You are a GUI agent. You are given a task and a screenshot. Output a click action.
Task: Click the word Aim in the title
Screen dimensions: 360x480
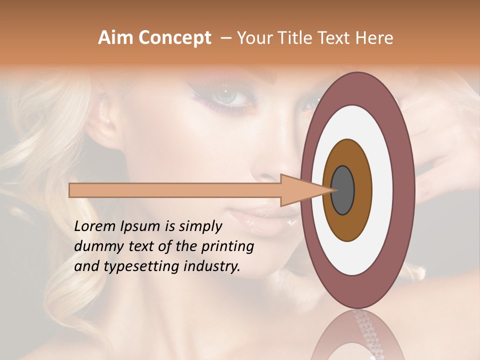coord(116,38)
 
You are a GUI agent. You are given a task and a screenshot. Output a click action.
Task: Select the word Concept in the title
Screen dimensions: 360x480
coord(174,38)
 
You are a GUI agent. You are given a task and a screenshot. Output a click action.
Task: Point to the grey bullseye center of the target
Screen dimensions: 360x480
coord(342,190)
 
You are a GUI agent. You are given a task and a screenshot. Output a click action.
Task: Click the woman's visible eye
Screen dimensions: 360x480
coord(227,97)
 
